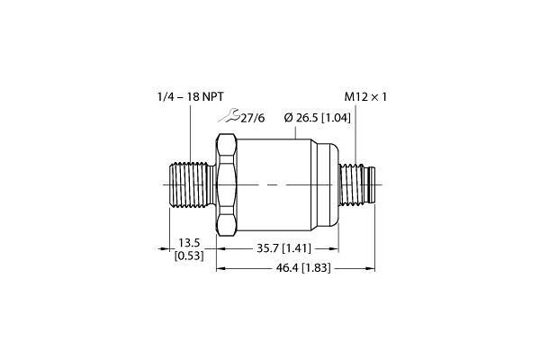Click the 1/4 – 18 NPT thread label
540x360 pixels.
tap(191, 97)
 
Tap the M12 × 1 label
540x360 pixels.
tap(365, 97)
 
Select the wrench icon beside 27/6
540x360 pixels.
tap(229, 115)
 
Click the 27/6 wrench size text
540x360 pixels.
tap(253, 118)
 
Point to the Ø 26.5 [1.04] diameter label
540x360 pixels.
tap(318, 118)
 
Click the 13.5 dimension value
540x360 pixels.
tap(189, 243)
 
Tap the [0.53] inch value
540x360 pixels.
tap(189, 256)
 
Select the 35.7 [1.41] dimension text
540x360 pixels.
tap(283, 248)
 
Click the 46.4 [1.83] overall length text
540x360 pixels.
tap(303, 268)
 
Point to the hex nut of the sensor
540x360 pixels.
tap(226, 185)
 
